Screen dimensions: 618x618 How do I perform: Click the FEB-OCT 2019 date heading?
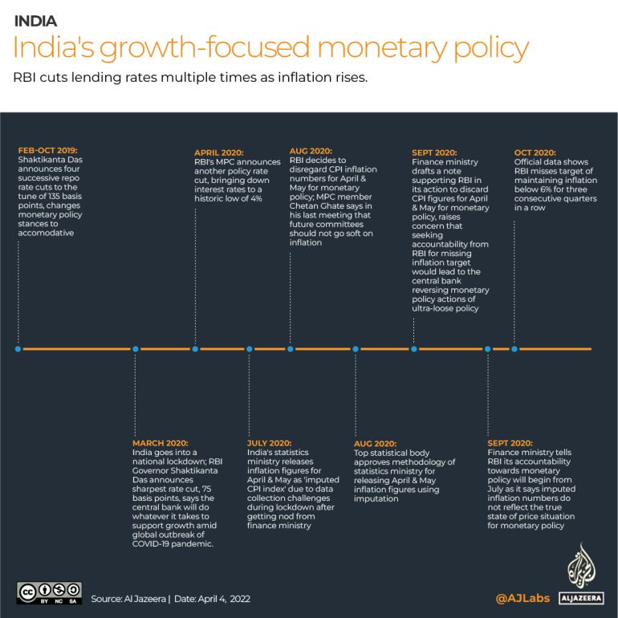(49, 149)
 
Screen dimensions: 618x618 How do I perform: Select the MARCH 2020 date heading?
(161, 442)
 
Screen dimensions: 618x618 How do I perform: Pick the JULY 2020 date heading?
(270, 442)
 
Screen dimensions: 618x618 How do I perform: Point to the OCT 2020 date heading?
(535, 152)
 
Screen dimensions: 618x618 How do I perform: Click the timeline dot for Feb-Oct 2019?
(18, 349)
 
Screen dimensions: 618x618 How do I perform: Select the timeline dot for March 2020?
(135, 349)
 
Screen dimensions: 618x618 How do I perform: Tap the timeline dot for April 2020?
(196, 349)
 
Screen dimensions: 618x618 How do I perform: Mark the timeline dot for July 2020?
(250, 349)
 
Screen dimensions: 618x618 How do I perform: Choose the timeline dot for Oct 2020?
(514, 349)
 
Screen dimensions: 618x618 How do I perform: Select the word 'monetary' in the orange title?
(383, 48)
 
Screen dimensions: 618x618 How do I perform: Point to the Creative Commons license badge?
(49, 592)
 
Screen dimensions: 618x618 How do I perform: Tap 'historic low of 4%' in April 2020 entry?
(228, 197)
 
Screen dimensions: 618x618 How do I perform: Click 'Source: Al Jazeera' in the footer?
(127, 599)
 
